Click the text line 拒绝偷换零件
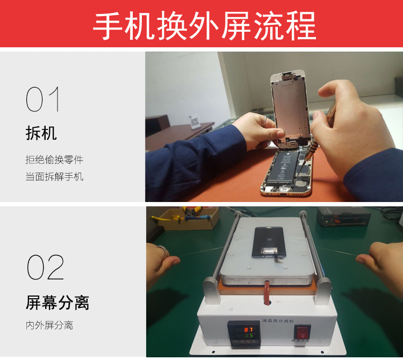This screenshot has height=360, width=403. (x=54, y=160)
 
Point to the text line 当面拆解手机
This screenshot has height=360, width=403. (x=54, y=176)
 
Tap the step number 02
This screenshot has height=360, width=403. (x=45, y=267)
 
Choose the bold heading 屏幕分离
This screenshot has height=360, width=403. (x=57, y=303)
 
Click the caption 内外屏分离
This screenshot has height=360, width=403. (x=49, y=325)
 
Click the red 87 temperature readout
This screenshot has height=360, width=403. (x=249, y=329)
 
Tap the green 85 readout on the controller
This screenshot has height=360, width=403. (x=249, y=337)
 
